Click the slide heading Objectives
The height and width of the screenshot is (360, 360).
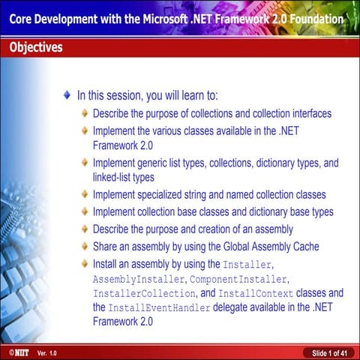coord(36,48)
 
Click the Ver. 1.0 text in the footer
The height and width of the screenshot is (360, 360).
coord(47,352)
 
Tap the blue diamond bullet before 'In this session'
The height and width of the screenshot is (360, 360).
coord(68,96)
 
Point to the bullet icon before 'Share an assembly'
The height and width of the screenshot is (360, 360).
coord(85,246)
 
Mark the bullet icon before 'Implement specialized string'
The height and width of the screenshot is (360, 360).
coord(85,195)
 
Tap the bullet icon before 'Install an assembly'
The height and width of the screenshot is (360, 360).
coord(85,265)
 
